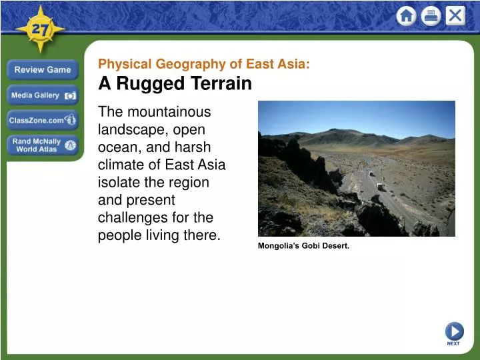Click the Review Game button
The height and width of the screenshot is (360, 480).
point(43,70)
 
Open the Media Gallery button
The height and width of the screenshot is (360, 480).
point(43,95)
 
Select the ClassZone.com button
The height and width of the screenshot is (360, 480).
point(43,121)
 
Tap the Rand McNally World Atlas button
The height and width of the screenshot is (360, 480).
point(43,145)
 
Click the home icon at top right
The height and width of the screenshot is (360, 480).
point(406,16)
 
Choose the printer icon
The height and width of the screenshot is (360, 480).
point(431,16)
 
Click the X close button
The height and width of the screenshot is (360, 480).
point(455,16)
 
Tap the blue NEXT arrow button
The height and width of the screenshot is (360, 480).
point(454,331)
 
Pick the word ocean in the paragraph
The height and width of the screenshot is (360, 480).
point(117,147)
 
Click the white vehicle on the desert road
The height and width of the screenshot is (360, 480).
point(381,187)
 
